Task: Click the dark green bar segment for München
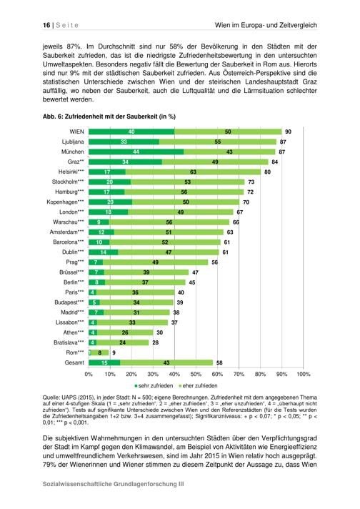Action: pos(136,152)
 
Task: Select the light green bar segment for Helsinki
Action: pos(193,172)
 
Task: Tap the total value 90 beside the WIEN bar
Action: pos(288,132)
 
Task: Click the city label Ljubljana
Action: pos(73,142)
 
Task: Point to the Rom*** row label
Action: pos(75,352)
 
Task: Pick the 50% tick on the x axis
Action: pos(196,375)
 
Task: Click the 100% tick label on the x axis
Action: pos(304,375)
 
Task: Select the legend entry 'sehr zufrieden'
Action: pos(154,385)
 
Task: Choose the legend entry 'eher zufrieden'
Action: pos(198,385)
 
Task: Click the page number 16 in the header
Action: pos(46,25)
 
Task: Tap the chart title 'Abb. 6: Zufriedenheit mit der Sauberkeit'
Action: pos(109,117)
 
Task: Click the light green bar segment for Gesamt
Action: pos(166,362)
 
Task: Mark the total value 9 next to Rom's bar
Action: pos(114,352)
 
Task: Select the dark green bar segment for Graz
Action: pos(125,162)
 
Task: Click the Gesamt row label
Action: pos(74,362)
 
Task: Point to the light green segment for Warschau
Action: pos(169,222)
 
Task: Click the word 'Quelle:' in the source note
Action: pos(51,397)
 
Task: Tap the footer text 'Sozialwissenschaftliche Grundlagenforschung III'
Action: pos(113,484)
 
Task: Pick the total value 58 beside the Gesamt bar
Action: pos(219,362)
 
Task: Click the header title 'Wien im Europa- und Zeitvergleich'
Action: pos(266,25)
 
